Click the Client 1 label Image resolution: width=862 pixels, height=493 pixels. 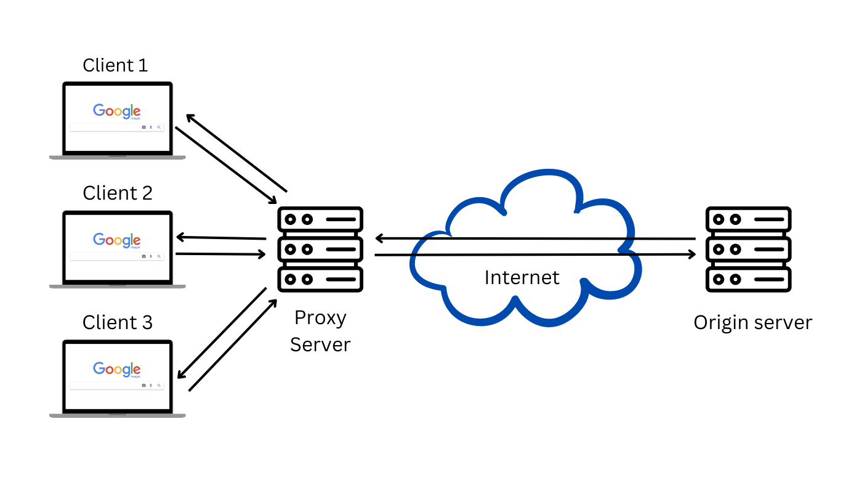click(115, 65)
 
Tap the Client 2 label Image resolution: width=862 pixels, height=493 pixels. click(117, 193)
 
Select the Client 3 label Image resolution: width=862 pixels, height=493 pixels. click(117, 322)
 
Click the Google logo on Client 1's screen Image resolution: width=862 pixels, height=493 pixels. click(117, 112)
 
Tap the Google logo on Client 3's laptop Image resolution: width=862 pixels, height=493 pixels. click(117, 369)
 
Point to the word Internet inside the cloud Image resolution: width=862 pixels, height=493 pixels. click(522, 277)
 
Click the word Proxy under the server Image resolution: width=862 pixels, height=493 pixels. click(320, 318)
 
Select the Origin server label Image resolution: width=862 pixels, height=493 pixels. click(752, 322)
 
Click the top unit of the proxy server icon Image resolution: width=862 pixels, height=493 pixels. click(320, 219)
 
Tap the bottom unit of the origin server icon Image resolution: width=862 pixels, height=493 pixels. click(748, 279)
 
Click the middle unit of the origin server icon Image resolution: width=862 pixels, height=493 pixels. click(748, 250)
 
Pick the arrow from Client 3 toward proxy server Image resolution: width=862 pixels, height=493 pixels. click(233, 345)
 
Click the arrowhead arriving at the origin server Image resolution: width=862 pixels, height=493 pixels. click(691, 254)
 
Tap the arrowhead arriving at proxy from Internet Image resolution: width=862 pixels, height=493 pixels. click(379, 238)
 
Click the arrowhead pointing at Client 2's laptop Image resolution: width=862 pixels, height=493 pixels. click(180, 237)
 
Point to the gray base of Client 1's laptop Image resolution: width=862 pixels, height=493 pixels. click(117, 158)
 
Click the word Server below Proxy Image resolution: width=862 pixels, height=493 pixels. click(320, 344)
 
